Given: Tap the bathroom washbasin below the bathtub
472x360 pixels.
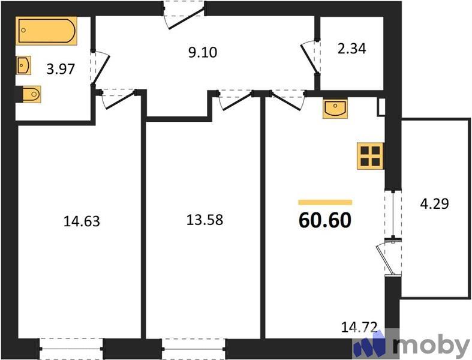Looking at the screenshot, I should (23, 65).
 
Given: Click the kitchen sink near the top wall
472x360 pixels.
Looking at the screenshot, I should (334, 109).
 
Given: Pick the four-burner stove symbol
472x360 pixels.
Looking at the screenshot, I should (369, 155).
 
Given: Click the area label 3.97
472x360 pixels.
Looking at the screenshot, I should (61, 68).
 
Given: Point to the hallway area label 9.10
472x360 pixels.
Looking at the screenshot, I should (202, 52).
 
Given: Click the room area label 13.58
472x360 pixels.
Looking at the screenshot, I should (205, 220).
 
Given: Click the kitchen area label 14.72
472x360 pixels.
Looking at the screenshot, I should (359, 328).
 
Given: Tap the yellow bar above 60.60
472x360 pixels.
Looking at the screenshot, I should (324, 203).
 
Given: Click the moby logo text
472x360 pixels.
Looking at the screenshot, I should (431, 346).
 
